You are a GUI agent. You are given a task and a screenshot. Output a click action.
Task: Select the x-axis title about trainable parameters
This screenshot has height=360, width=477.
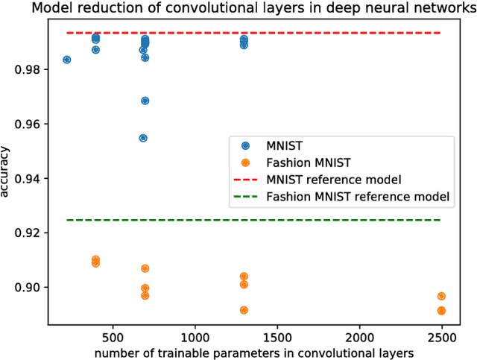pyautogui.click(x=253, y=352)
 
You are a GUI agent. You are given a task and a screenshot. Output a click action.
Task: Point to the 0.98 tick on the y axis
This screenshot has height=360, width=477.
pyautogui.click(x=32, y=69)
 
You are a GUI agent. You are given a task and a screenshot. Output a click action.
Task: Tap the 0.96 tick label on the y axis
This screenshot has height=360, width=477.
pyautogui.click(x=32, y=124)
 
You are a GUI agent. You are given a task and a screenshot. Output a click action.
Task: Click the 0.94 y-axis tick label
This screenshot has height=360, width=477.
pyautogui.click(x=32, y=178)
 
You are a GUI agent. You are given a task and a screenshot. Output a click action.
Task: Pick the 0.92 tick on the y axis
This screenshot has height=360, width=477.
pyautogui.click(x=32, y=233)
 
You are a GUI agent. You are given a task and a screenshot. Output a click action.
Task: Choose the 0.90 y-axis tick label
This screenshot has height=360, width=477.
pyautogui.click(x=32, y=287)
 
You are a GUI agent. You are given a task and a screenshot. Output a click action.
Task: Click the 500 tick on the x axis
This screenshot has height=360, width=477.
pyautogui.click(x=113, y=337)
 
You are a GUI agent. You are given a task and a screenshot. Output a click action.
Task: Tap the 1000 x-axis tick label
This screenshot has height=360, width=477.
pyautogui.click(x=195, y=337)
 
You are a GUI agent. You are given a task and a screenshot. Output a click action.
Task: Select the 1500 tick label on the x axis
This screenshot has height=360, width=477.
pyautogui.click(x=277, y=337)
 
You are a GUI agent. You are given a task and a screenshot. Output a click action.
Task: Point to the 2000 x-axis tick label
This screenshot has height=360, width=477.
pyautogui.click(x=360, y=337)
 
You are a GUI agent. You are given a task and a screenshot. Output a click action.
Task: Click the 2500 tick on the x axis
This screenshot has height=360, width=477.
pyautogui.click(x=442, y=337)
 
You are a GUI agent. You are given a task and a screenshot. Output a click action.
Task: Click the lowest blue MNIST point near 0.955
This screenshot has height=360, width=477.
pyautogui.click(x=143, y=138)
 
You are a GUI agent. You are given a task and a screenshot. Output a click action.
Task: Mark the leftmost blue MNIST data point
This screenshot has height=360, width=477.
pyautogui.click(x=67, y=60)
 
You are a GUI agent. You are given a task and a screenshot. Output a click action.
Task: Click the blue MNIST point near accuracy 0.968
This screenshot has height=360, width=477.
pyautogui.click(x=145, y=101)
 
